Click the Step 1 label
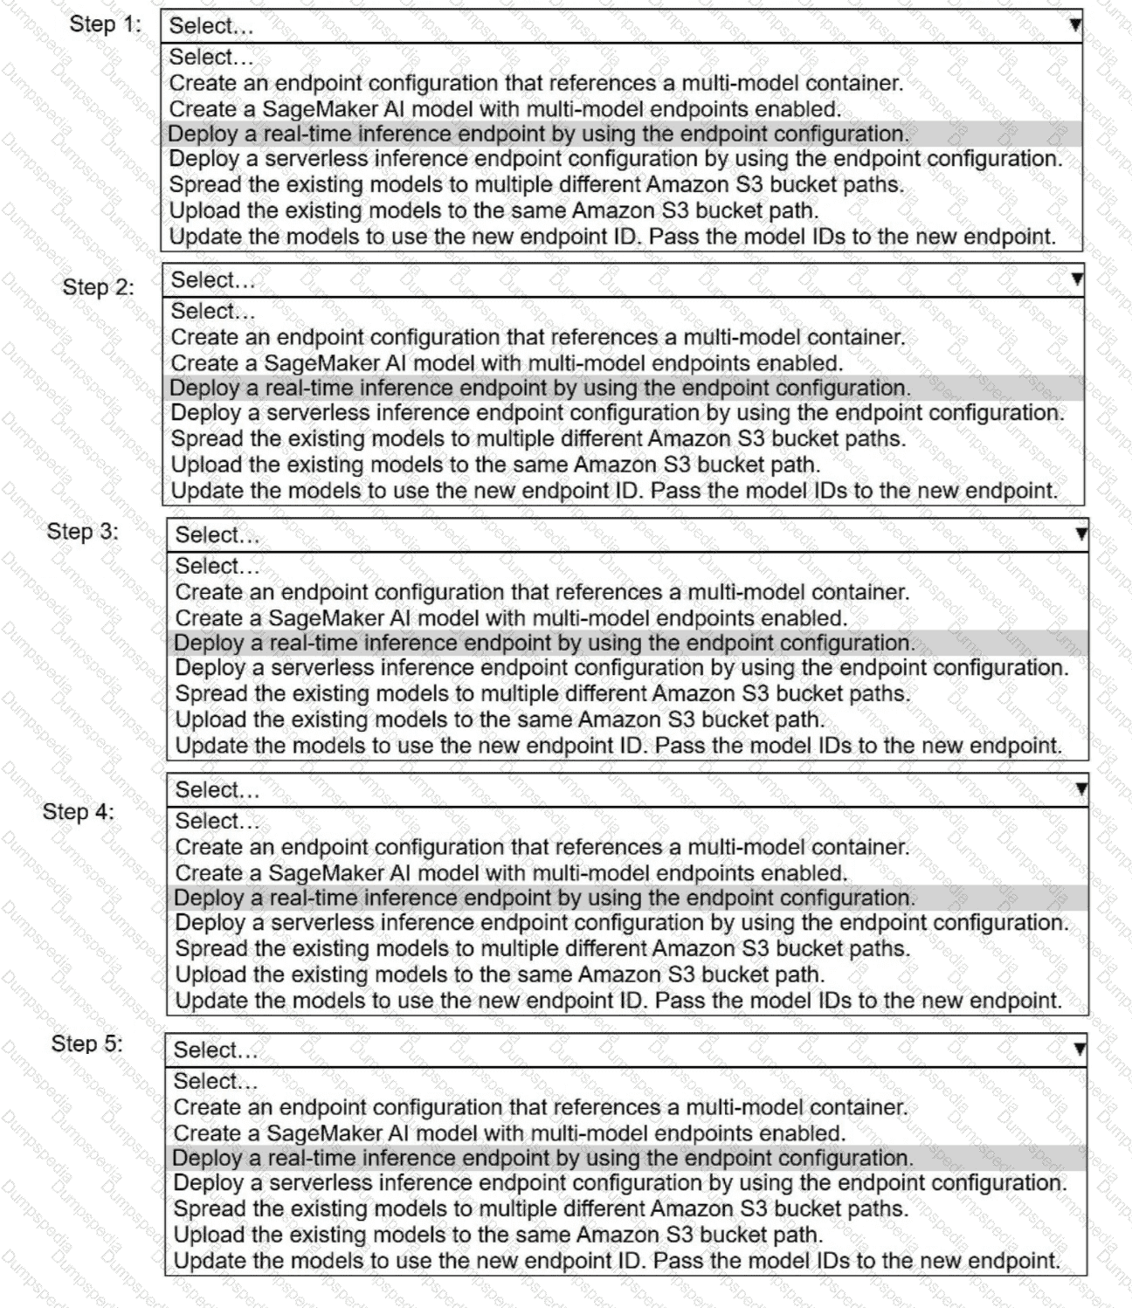click(104, 24)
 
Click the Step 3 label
click(82, 532)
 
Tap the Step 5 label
click(86, 1043)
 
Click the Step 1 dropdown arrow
click(1075, 25)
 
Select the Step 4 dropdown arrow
click(1081, 789)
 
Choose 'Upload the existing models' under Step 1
click(494, 210)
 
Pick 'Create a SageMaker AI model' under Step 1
click(505, 109)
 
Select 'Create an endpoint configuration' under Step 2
click(538, 337)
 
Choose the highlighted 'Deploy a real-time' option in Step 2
click(540, 388)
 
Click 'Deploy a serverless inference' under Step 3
click(621, 668)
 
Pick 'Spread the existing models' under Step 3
click(542, 694)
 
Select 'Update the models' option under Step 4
click(618, 1001)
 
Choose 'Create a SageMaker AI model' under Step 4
click(511, 872)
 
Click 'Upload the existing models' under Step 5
click(498, 1235)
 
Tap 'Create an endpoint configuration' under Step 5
click(541, 1107)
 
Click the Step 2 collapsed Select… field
click(622, 280)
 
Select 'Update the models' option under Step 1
click(612, 237)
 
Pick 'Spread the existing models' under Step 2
click(538, 438)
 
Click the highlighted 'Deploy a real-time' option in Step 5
click(542, 1158)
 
